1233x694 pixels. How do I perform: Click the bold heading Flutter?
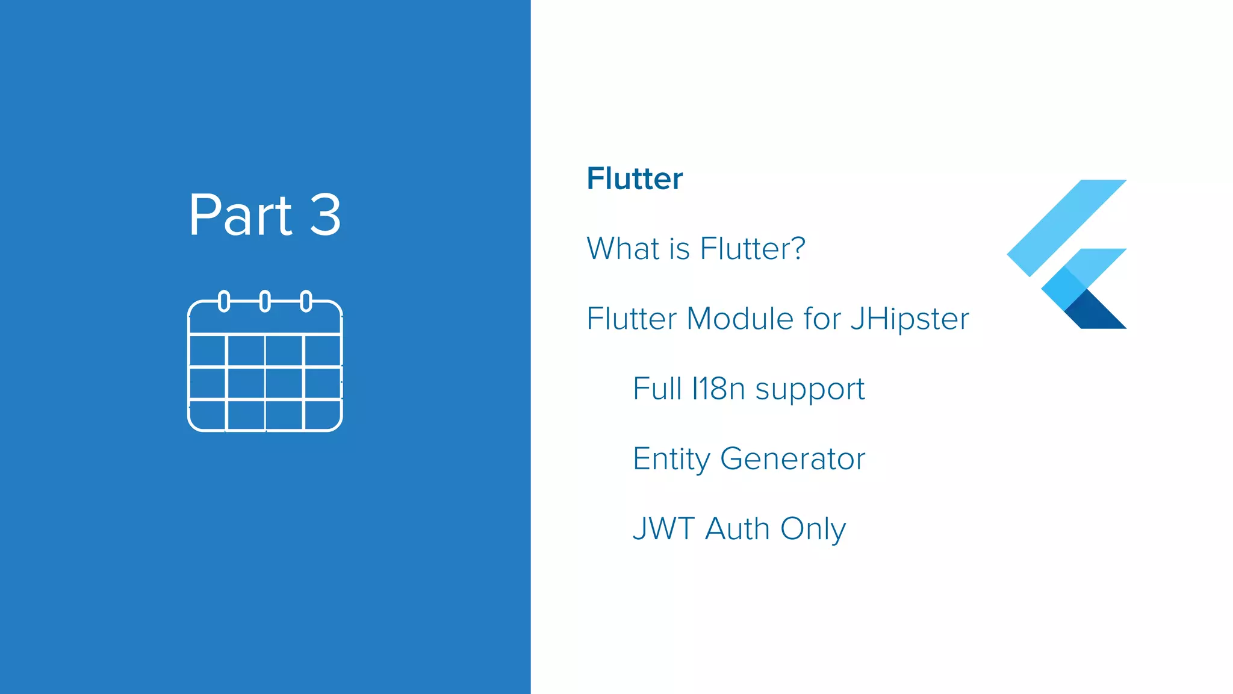[635, 178]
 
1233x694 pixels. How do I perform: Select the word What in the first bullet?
[623, 248]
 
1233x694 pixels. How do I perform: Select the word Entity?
[671, 460]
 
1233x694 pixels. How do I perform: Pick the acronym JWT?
[663, 529]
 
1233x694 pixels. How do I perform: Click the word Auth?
[738, 529]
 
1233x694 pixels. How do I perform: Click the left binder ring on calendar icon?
[224, 301]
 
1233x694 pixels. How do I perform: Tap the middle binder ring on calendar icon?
[265, 301]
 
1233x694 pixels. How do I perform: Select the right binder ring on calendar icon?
[306, 301]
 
